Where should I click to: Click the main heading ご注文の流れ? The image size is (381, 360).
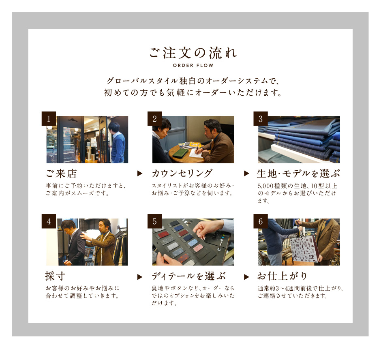(193, 53)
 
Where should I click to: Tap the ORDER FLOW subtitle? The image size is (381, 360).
(193, 65)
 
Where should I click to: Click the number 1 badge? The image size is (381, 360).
(49, 119)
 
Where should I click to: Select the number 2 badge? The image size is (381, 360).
(154, 119)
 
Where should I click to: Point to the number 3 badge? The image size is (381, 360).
(261, 119)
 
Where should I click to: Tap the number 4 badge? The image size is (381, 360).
(49, 221)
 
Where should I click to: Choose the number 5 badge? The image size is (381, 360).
(154, 221)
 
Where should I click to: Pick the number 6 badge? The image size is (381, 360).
(261, 221)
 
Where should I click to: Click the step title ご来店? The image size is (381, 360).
(61, 174)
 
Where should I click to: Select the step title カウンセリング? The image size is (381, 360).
(182, 174)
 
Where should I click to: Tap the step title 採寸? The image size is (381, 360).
(55, 276)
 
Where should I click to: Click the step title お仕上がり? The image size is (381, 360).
(283, 276)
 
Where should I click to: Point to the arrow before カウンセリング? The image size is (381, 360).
(140, 174)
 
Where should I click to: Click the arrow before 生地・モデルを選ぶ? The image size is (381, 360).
(246, 174)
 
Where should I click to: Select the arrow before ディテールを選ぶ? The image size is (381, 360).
(140, 277)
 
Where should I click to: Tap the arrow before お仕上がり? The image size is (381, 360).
(246, 277)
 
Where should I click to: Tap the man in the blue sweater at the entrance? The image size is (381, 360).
(117, 142)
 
